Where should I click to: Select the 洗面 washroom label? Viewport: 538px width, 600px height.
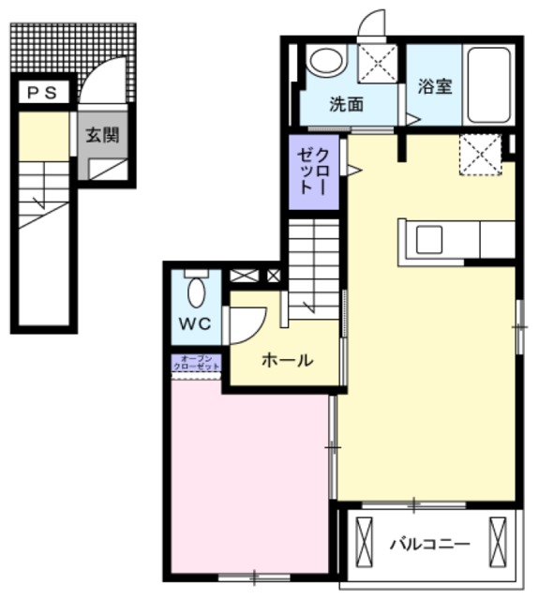coord(346,105)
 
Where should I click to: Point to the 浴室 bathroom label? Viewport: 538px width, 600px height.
coord(436,86)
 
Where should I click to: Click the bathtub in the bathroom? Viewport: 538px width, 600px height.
coord(488,85)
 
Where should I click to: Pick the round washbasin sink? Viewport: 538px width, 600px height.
coord(325,62)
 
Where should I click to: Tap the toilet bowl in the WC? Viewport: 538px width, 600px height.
coord(196,292)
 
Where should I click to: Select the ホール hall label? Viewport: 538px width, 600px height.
coord(287,359)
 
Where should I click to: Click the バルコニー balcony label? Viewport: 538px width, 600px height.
coord(429,543)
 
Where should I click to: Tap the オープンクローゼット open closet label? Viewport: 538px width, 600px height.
coord(196,362)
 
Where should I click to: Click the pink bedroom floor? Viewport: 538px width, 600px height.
coord(248,473)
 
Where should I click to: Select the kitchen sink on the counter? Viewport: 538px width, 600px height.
coord(430,240)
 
